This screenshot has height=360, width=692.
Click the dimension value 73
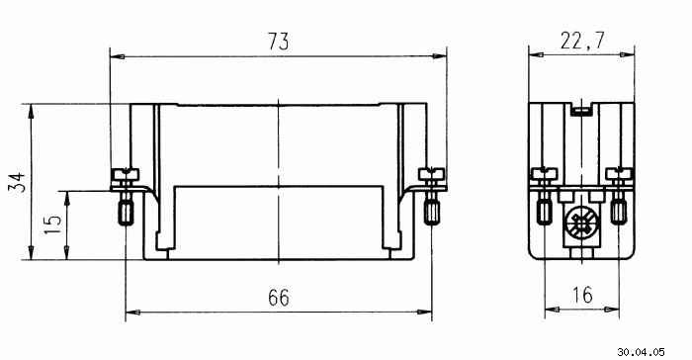point(278,42)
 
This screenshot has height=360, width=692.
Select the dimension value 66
point(279,298)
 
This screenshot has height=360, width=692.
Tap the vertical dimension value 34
point(18,182)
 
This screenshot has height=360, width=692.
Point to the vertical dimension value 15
point(53,225)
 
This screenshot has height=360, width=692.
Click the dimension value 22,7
point(581,41)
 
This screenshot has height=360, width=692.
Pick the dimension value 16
point(582,295)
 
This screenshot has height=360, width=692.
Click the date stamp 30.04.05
point(641,352)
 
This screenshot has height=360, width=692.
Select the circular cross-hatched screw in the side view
point(582,222)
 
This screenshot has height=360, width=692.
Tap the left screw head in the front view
point(126,174)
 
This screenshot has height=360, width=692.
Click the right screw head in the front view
point(431,174)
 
